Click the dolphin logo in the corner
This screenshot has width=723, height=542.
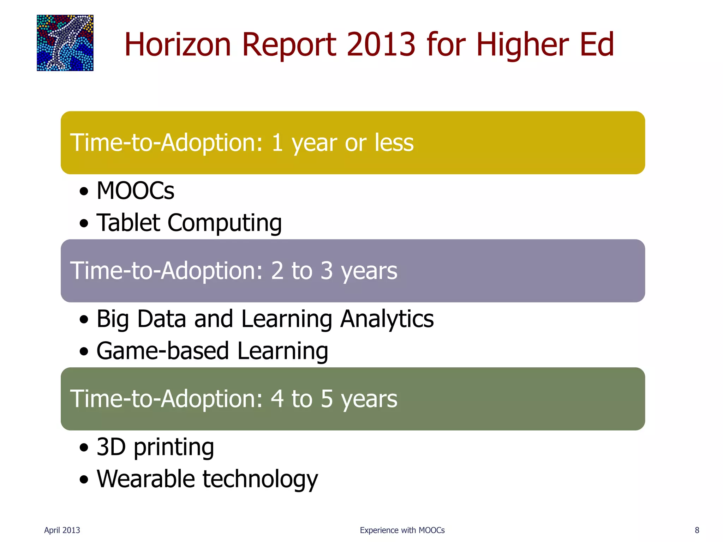(x=65, y=43)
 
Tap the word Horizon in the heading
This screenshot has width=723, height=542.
(x=178, y=44)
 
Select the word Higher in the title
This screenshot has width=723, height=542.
(x=522, y=44)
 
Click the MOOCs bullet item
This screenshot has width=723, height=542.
(x=135, y=191)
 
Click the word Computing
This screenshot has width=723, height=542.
(x=225, y=224)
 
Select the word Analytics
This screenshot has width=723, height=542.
(x=387, y=319)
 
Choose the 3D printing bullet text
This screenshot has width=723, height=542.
(x=155, y=447)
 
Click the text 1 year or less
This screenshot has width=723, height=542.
(x=342, y=143)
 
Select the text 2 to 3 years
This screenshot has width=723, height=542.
(x=334, y=271)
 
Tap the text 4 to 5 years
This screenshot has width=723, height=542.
(x=334, y=399)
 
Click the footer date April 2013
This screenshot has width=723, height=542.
(x=62, y=530)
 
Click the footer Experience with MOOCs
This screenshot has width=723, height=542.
(x=402, y=530)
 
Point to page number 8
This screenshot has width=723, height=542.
(x=697, y=530)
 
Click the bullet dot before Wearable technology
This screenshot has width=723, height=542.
(x=84, y=480)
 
